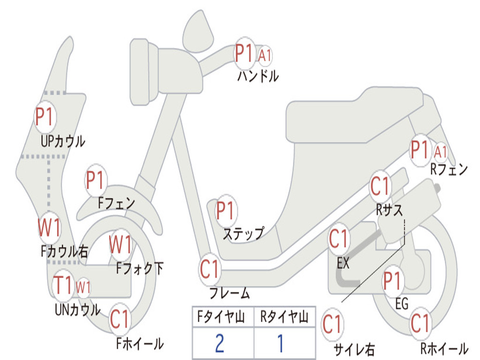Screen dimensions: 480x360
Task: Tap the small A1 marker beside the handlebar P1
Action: [x=265, y=55]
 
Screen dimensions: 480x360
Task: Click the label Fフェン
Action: [x=116, y=203]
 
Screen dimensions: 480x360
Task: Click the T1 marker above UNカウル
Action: [x=63, y=285]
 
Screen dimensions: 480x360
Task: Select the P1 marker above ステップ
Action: [x=225, y=211]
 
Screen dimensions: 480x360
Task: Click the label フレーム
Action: [x=230, y=294]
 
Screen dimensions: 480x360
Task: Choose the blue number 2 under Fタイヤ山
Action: [x=220, y=344]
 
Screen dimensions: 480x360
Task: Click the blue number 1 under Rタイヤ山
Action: [x=280, y=344]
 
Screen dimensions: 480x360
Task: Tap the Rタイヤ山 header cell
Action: [x=284, y=318]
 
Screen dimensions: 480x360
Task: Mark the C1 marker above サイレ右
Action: [x=332, y=324]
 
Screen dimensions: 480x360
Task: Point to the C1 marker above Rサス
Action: [x=380, y=186]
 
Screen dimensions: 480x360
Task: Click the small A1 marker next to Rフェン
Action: [x=441, y=152]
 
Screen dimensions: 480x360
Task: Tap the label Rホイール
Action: [x=443, y=349]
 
